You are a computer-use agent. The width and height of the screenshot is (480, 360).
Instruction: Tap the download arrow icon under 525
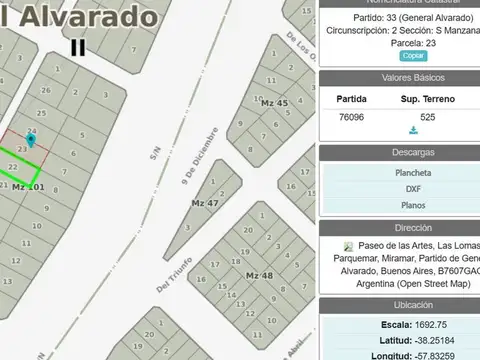pos(413,130)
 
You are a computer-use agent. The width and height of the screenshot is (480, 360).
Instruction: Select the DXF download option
pos(399,188)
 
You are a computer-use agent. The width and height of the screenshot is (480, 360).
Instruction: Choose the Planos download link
pos(399,205)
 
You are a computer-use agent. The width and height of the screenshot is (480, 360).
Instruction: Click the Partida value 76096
pos(351,116)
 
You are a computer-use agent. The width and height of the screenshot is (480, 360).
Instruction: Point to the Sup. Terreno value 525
pos(427,116)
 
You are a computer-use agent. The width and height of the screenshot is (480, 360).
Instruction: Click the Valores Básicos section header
pos(399,78)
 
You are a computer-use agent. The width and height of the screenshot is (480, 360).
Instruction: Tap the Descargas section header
pos(399,153)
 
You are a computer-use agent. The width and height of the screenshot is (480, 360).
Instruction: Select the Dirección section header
pos(399,228)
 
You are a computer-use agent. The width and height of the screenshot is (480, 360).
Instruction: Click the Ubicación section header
pos(399,304)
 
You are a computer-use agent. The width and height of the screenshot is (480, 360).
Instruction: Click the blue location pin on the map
pos(32,139)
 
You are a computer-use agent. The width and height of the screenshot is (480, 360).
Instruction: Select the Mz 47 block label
pos(205,203)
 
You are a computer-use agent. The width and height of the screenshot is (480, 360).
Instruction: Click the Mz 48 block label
pos(259,275)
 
